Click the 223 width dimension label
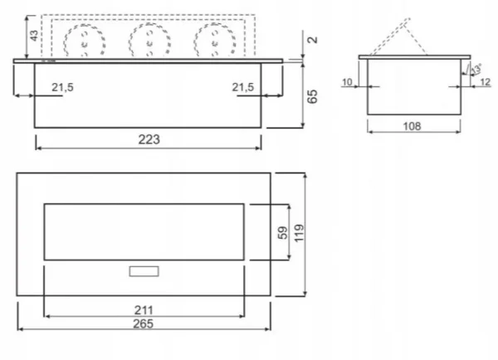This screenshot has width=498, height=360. (x=149, y=139)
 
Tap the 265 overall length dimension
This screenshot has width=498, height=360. (x=144, y=323)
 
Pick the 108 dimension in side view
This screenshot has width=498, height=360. (x=412, y=126)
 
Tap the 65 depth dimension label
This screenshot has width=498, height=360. (x=312, y=95)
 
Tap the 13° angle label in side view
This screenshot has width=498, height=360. (x=474, y=70)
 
